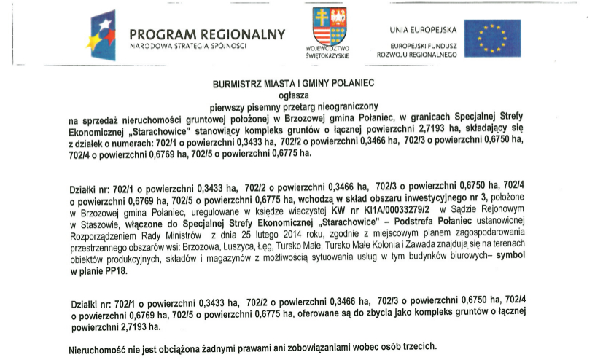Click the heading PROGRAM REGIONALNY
(x=207, y=34)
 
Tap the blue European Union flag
(x=493, y=37)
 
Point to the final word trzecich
(x=418, y=344)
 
